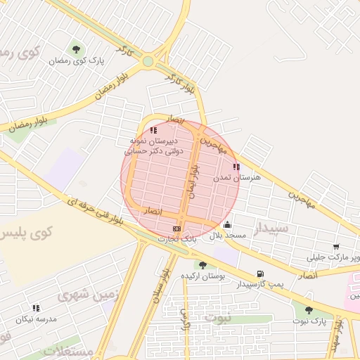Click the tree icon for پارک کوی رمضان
[76, 49]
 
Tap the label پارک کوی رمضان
[76, 60]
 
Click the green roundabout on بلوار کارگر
[148, 60]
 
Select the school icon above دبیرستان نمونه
[153, 130]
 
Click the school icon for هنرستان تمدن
[236, 167]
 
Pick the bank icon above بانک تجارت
[176, 229]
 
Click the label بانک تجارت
[179, 239]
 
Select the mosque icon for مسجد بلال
[227, 225]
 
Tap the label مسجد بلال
[227, 236]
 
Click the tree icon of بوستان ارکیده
[202, 265]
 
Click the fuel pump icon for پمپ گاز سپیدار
[260, 274]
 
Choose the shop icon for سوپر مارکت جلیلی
[336, 247]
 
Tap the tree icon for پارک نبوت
[309, 310]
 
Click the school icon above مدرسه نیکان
[36, 307]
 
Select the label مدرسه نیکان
[35, 319]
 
